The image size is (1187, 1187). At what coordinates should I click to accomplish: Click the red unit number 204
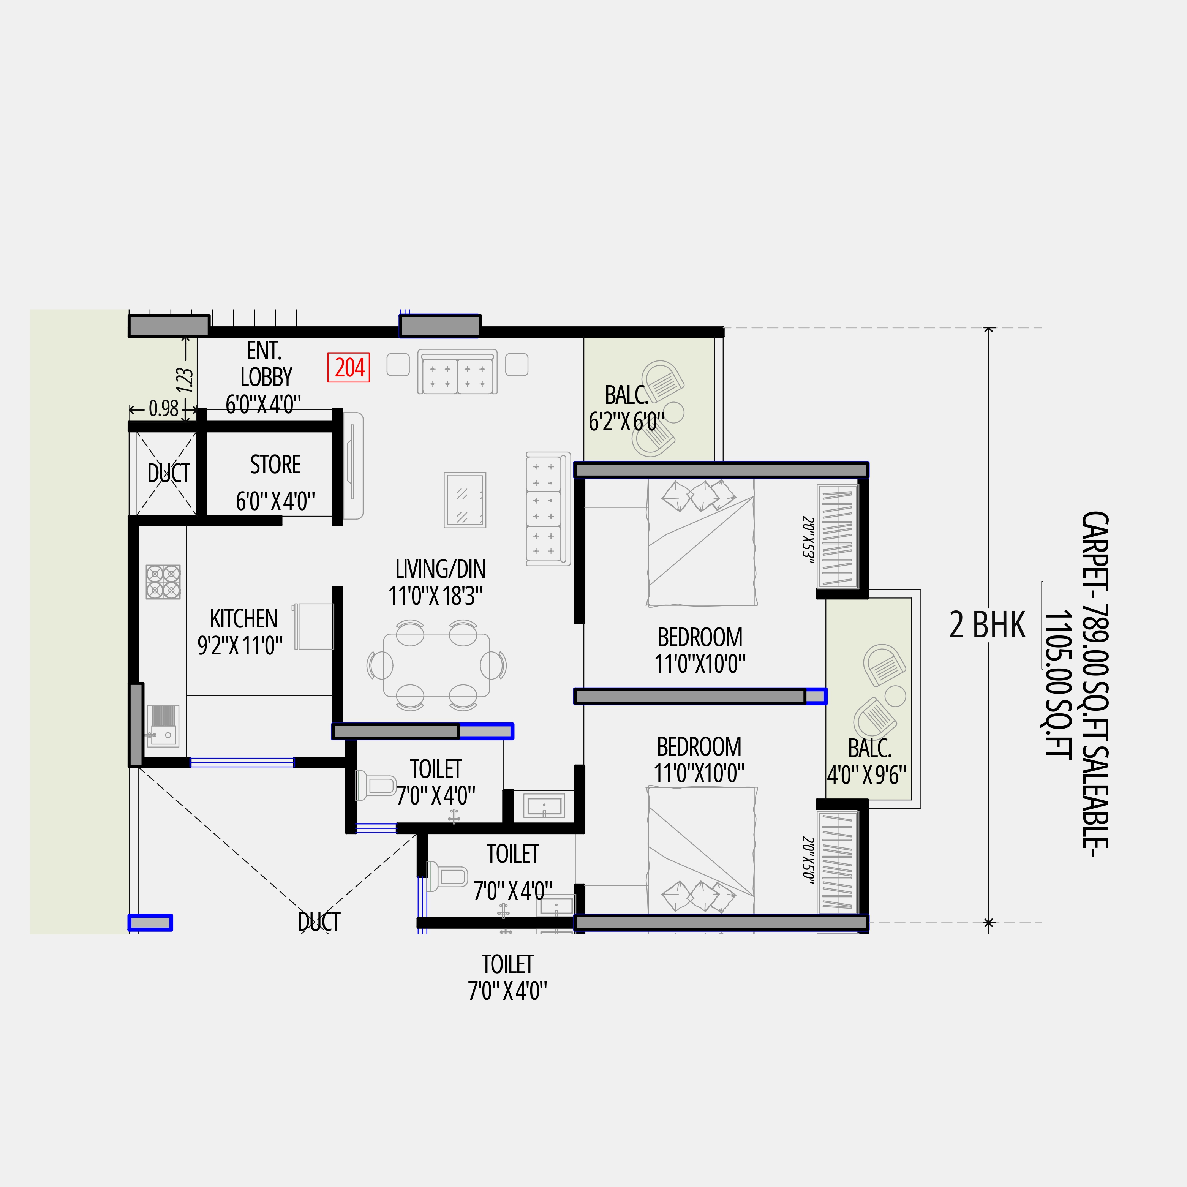349,367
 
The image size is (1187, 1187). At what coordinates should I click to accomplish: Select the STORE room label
275,465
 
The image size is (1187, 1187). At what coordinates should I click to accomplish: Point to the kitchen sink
163,725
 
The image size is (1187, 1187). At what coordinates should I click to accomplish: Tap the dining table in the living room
436,665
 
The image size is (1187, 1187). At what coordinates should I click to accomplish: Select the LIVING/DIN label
440,569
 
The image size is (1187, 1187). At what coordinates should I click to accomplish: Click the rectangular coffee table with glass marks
465,499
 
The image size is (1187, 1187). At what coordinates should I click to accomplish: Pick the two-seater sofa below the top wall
457,372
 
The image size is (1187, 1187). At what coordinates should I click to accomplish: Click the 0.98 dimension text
163,409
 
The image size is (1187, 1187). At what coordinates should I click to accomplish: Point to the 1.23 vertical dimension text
185,380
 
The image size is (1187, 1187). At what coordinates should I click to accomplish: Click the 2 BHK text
987,626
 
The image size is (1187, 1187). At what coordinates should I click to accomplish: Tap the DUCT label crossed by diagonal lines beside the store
168,473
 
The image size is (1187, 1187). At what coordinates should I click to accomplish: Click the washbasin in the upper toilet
544,806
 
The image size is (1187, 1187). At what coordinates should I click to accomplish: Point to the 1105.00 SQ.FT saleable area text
1058,685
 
